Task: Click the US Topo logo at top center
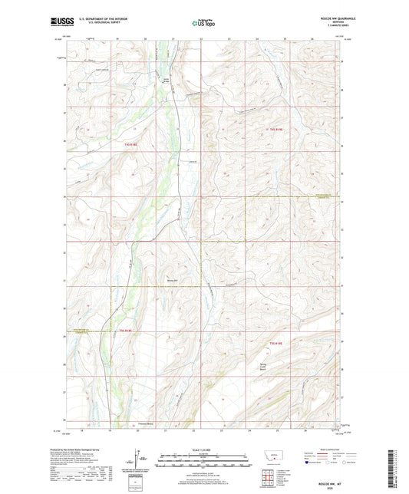204,23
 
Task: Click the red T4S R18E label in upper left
132,143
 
